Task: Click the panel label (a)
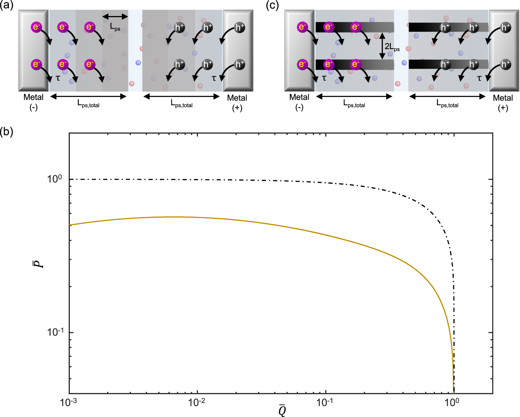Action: click(x=7, y=5)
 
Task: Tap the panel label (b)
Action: click(x=7, y=132)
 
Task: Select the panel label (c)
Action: click(x=272, y=5)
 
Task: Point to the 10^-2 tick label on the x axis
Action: click(x=197, y=402)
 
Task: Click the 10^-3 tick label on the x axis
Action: click(x=68, y=402)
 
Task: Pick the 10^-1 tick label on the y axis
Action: click(x=55, y=332)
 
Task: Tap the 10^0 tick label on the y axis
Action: click(x=55, y=179)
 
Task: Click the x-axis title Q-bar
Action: click(x=282, y=410)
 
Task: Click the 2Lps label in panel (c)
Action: click(x=392, y=47)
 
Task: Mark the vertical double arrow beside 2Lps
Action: click(x=382, y=46)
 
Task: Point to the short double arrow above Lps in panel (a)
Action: click(x=115, y=16)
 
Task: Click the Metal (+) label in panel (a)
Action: click(x=237, y=102)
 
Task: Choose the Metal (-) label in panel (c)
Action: click(x=299, y=102)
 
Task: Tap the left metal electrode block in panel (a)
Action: click(x=33, y=50)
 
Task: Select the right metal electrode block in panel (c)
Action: click(x=504, y=50)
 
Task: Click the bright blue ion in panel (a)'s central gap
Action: click(x=138, y=63)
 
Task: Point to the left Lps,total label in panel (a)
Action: click(x=89, y=104)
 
